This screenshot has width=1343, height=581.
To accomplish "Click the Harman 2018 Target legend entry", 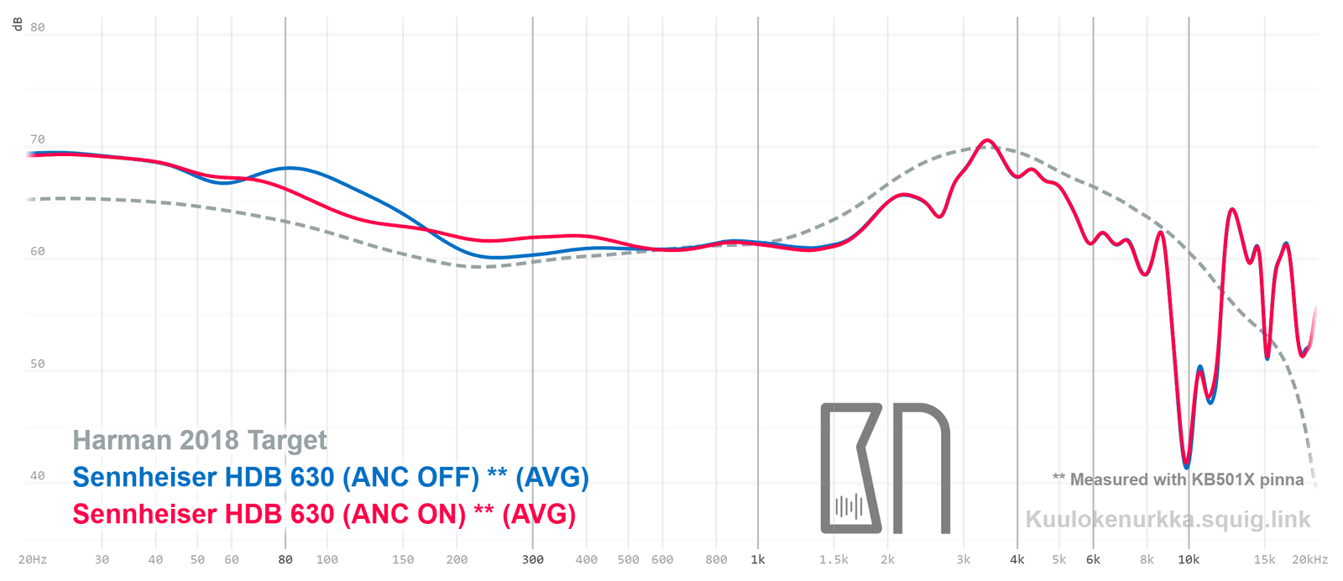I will [200, 440].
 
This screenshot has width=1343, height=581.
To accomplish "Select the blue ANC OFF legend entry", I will [331, 477].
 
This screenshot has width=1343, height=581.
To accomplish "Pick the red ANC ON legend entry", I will [324, 514].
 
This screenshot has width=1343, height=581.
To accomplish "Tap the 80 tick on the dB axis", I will [37, 27].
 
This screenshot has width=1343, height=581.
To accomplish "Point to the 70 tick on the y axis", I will [37, 139].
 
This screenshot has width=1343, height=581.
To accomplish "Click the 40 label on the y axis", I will [37, 475].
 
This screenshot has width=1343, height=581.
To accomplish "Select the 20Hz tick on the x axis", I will [32, 559].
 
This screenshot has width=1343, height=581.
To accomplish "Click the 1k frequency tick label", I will [758, 559].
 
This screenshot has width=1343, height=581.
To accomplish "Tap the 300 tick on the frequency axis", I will [533, 559].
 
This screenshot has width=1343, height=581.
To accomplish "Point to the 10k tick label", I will [1189, 559].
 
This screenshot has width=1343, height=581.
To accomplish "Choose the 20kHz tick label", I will [1309, 559].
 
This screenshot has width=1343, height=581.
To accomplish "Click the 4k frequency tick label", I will [1017, 559].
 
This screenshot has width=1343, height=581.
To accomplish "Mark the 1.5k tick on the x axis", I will [833, 559].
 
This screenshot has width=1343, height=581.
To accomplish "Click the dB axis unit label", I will [17, 24].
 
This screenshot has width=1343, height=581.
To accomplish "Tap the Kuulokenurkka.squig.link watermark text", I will [1168, 520].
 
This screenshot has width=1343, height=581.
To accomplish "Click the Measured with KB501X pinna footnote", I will [1178, 479].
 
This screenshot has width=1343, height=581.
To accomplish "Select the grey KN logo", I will [885, 468].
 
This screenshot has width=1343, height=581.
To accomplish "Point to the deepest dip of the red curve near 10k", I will [1186, 466].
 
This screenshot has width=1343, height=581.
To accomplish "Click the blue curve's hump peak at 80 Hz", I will [288, 168].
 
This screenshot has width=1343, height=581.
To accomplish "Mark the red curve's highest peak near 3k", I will [987, 140].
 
